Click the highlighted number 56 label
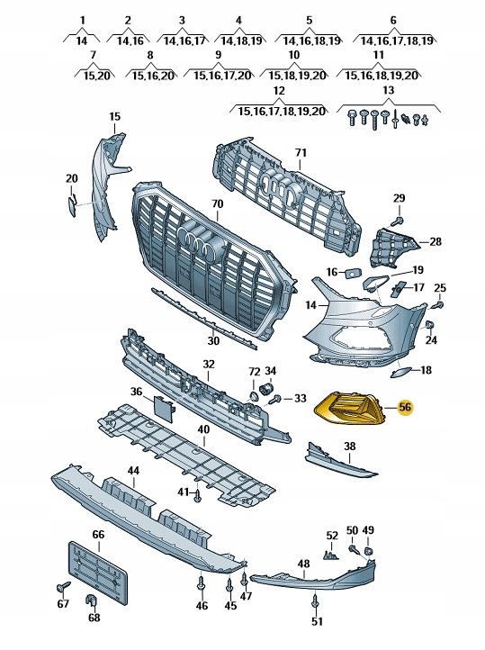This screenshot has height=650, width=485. [404, 407]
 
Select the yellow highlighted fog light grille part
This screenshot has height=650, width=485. [347, 409]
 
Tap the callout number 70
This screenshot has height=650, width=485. [218, 204]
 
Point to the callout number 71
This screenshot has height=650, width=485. [301, 152]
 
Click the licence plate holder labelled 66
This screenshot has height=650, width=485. [97, 573]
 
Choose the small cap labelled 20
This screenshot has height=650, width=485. [72, 205]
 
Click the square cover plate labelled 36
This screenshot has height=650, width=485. [164, 409]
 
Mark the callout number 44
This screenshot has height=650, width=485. [133, 471]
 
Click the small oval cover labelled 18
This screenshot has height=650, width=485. [400, 372]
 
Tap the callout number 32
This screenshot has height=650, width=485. [209, 364]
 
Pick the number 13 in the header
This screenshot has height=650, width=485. [388, 90]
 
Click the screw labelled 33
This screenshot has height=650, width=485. [275, 399]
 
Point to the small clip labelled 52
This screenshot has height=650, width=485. [330, 555]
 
